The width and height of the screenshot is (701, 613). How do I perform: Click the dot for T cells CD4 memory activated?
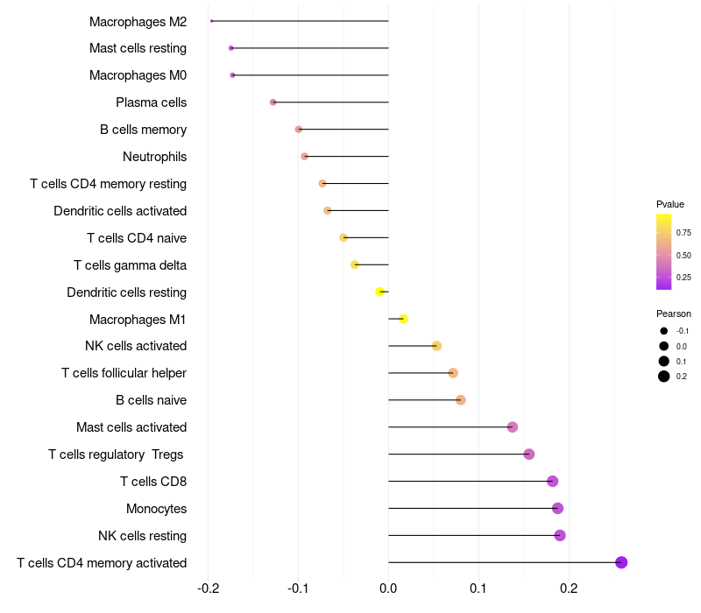621,562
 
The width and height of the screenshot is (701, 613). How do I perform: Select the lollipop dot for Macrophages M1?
403,319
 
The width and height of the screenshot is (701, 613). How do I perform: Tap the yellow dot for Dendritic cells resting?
379,292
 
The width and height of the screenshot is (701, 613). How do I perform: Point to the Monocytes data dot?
557,508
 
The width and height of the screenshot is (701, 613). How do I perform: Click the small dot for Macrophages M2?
212,21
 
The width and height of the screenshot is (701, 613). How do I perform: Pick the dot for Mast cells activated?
513,427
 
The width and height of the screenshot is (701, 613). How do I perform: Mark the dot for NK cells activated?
436,346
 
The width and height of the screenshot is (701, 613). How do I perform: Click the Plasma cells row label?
151,102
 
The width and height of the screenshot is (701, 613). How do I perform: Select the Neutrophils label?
154,157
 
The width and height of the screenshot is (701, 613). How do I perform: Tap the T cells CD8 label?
153,482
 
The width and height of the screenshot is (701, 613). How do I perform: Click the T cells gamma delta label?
130,265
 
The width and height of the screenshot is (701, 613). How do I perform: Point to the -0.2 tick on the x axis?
208,587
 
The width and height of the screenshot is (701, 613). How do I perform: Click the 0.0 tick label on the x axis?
388,587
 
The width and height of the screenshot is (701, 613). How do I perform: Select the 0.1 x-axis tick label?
478,587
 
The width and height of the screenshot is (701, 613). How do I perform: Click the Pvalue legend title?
670,204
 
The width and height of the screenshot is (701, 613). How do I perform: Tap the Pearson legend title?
674,314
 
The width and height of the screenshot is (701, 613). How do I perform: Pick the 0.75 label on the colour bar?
683,233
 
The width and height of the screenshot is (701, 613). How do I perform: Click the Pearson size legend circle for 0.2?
664,377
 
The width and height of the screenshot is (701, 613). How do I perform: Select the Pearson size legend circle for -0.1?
664,331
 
